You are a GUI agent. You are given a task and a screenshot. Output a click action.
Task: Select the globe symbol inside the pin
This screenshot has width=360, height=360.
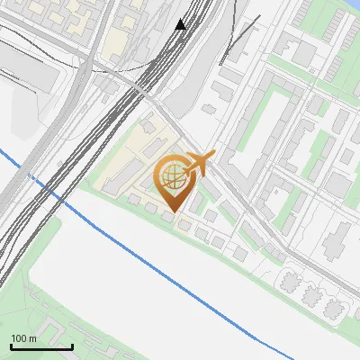(172, 176)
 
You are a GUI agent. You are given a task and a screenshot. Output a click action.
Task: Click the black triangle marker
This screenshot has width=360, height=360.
(181, 24)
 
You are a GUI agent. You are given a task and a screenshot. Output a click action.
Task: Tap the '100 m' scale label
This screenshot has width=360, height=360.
(23, 338)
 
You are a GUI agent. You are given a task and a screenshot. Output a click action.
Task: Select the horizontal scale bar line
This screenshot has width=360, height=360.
(40, 346)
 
